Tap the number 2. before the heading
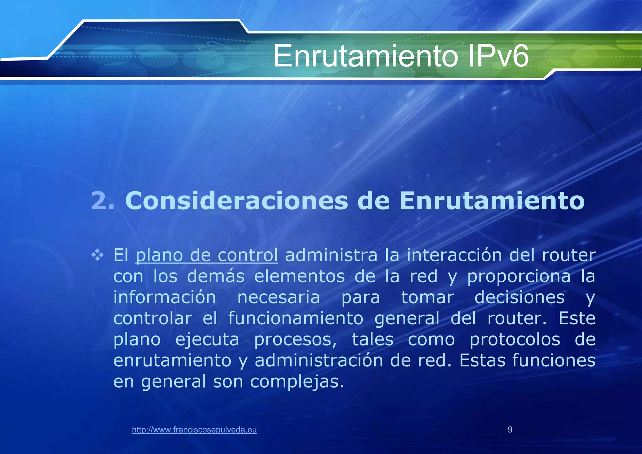pyautogui.click(x=103, y=201)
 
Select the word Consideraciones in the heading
pyautogui.click(x=237, y=201)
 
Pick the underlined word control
pyautogui.click(x=248, y=255)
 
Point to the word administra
pyautogui.click(x=331, y=255)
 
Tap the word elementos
pyautogui.click(x=299, y=276)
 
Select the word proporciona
pyautogui.click(x=519, y=277)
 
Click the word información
pyautogui.click(x=165, y=297)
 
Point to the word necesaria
pyautogui.click(x=278, y=297)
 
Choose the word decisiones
pyautogui.click(x=519, y=297)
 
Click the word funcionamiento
pyautogui.click(x=296, y=318)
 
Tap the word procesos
pyautogui.click(x=295, y=340)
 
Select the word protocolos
pyautogui.click(x=515, y=339)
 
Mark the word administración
pyautogui.click(x=319, y=360)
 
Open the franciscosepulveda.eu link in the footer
pyautogui.click(x=194, y=430)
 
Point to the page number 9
pyautogui.click(x=510, y=430)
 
